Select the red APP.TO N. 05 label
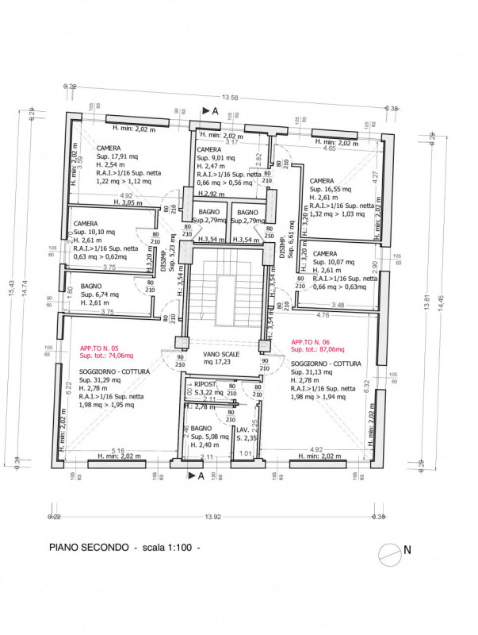click(x=99, y=348)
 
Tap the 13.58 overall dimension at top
click(x=231, y=98)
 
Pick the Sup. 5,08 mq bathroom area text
click(x=208, y=437)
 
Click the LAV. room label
click(x=242, y=429)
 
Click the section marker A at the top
click(x=214, y=112)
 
